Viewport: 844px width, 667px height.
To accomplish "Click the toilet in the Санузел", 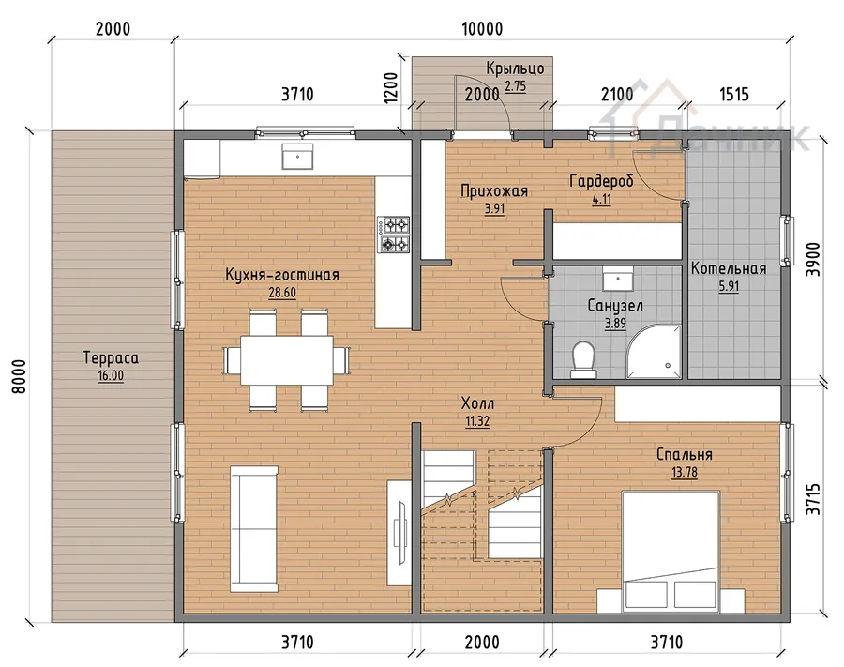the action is [x=583, y=359].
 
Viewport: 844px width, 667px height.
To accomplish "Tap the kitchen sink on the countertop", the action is [x=297, y=156].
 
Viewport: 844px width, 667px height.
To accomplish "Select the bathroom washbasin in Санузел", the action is [x=617, y=279].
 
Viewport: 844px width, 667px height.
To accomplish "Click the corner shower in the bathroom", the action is [x=654, y=351].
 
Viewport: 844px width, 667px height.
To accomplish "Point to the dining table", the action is [x=286, y=359].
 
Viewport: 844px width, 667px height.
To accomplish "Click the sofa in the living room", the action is [x=254, y=529].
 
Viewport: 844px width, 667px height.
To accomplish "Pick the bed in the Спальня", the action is [x=671, y=552].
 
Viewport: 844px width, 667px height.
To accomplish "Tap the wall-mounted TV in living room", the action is [x=400, y=533].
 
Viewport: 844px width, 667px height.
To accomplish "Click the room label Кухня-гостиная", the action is [x=282, y=275].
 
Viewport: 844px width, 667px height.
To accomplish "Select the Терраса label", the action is [x=111, y=358].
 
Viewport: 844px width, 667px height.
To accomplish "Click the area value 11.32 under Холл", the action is [x=477, y=421].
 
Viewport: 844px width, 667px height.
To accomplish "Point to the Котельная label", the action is [x=729, y=268].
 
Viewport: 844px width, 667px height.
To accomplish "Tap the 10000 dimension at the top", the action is [x=482, y=28].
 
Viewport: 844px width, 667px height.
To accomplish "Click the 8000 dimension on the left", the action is [x=19, y=376].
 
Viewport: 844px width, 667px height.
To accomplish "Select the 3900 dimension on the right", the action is [x=813, y=260].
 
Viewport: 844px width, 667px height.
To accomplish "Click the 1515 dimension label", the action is [x=734, y=94].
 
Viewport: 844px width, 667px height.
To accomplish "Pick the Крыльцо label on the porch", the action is [x=515, y=68].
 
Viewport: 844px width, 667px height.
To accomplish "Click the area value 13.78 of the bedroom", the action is [x=685, y=472].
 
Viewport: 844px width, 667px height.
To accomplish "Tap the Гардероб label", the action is [x=601, y=181].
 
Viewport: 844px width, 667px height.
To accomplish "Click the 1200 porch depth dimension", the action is [x=391, y=88].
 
